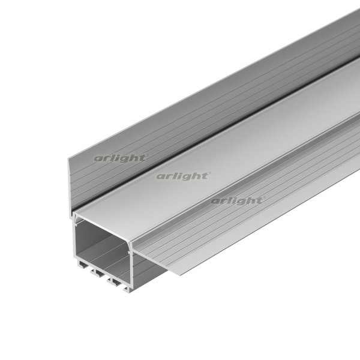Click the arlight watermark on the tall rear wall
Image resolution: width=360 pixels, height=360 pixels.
(121, 158)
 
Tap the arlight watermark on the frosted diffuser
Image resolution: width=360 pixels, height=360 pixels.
(183, 176)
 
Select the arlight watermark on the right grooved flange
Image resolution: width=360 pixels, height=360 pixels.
(238, 200)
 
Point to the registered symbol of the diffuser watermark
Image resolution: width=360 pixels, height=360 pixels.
(209, 173)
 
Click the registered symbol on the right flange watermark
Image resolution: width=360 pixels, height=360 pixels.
(263, 198)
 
